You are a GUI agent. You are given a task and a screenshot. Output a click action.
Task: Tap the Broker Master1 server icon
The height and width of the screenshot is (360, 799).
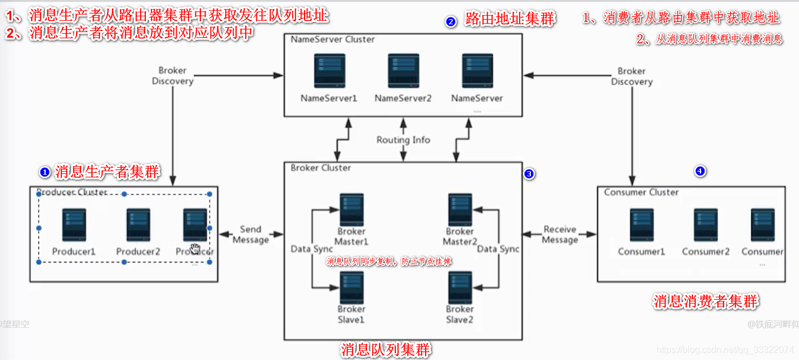(x=351, y=210)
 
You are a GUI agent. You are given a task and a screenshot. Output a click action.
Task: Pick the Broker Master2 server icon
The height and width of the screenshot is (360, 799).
(x=459, y=210)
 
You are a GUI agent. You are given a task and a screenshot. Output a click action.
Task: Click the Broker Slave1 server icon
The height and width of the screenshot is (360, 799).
(x=351, y=288)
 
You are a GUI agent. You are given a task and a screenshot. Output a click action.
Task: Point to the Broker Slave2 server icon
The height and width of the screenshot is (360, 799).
(x=459, y=288)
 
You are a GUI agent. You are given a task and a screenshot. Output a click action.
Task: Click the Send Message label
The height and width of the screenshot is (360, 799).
(x=251, y=234)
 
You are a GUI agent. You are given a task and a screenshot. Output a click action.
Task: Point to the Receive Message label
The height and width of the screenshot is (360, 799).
(x=560, y=234)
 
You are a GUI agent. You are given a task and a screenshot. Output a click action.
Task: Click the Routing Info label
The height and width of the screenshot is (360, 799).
(x=403, y=140)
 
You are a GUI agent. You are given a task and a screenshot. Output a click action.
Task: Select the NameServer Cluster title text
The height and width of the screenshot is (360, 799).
(x=332, y=39)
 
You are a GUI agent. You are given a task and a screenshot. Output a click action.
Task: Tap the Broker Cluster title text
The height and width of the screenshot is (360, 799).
(x=320, y=168)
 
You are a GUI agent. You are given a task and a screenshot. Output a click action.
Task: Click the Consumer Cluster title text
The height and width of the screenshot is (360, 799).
(x=641, y=192)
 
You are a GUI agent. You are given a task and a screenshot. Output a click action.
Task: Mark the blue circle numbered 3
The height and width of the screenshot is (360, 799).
(x=529, y=174)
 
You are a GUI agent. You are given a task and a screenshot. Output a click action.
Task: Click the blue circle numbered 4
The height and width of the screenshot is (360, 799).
(x=700, y=171)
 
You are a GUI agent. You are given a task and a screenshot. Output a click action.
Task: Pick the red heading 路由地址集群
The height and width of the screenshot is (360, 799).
(x=510, y=20)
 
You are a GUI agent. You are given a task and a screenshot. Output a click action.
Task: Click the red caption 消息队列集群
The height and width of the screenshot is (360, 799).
(x=386, y=350)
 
